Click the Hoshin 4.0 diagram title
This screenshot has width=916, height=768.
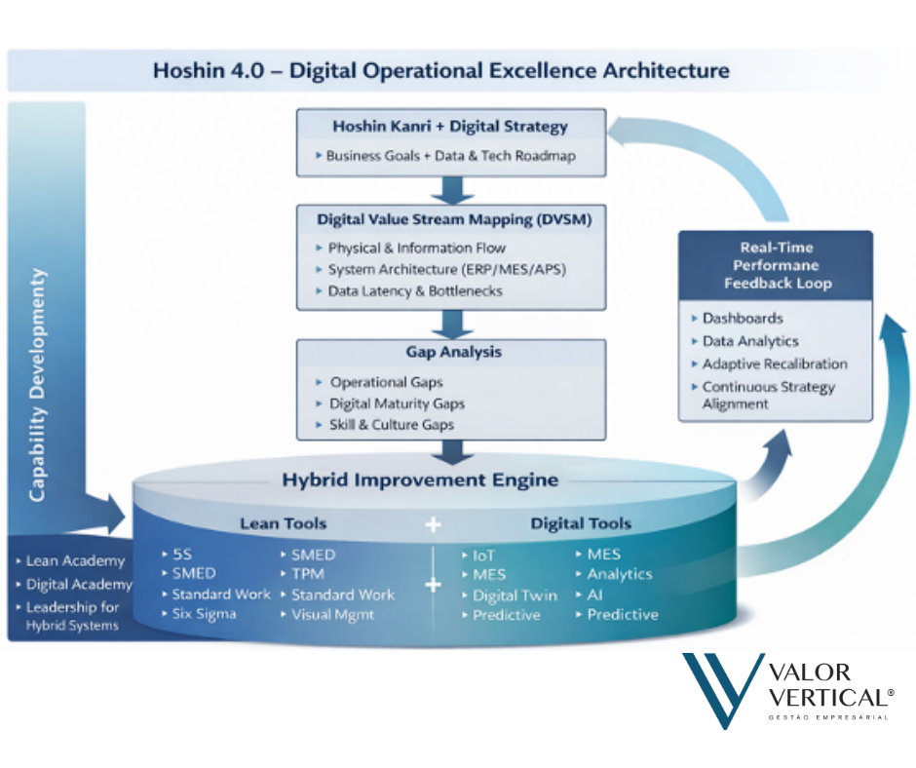coord(440,71)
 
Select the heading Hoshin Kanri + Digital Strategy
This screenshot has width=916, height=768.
coord(449,127)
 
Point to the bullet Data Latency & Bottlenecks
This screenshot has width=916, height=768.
coord(415,291)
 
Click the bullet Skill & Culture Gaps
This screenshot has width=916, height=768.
coord(391,425)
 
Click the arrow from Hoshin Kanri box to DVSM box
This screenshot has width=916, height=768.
coord(450,189)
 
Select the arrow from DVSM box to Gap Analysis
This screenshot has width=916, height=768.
coord(450,323)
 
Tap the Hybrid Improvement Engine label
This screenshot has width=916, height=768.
coord(420,480)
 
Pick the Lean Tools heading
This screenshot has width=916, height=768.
coord(284,524)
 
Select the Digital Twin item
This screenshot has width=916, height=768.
coord(515,595)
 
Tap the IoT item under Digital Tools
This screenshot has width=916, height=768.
coord(483,556)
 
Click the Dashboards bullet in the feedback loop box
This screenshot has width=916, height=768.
coord(743,319)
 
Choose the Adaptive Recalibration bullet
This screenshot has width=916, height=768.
coord(775,365)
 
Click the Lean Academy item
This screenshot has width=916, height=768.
coord(75,561)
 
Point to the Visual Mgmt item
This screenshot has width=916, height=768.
coord(332,615)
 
